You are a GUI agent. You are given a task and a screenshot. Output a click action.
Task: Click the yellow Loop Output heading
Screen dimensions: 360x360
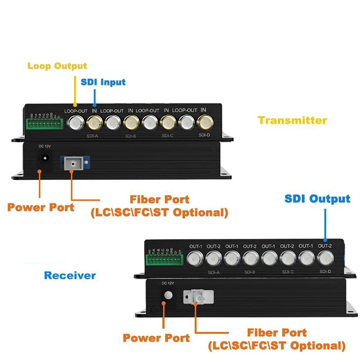[x=57, y=66]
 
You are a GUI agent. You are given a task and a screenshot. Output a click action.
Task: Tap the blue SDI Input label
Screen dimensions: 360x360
[x=103, y=82]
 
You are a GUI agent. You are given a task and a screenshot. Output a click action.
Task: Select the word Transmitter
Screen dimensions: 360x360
[x=292, y=120]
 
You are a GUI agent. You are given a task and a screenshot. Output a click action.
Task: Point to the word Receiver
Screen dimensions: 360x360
[x=70, y=275]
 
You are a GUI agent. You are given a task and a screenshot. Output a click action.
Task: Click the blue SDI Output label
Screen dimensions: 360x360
[x=317, y=199]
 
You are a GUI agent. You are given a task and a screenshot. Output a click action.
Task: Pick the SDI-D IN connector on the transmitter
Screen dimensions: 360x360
[x=204, y=121]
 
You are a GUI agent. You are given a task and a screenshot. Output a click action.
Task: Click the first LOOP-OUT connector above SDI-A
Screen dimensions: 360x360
[x=76, y=121]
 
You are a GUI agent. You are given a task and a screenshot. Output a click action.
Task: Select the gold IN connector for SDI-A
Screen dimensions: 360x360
[x=94, y=121]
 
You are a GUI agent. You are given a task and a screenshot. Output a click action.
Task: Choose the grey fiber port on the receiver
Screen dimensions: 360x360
[x=197, y=297]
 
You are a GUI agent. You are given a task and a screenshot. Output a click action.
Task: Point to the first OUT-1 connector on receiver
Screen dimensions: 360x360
[x=195, y=258]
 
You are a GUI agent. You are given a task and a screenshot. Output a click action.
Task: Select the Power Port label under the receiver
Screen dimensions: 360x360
[x=156, y=338]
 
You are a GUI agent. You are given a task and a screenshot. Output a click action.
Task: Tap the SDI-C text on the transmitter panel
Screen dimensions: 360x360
[x=167, y=135]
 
